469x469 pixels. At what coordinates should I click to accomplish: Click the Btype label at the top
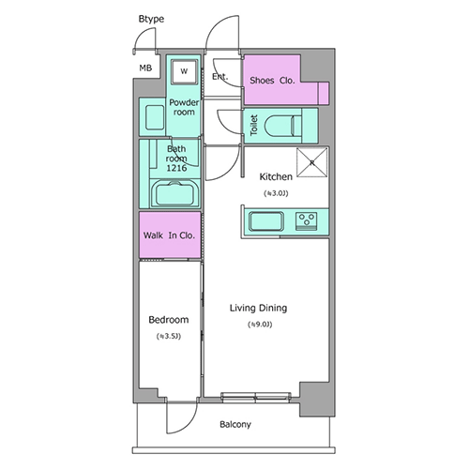(x=151, y=19)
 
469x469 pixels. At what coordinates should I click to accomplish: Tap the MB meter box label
(x=145, y=68)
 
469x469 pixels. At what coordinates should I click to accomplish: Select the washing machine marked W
(x=184, y=71)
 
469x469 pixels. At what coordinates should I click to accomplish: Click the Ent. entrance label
(x=219, y=76)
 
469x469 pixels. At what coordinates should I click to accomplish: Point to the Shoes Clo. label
(x=272, y=81)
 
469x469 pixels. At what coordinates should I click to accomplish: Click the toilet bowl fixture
(x=283, y=126)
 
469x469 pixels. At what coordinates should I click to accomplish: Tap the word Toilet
(x=254, y=125)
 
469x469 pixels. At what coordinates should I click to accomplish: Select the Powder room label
(x=184, y=107)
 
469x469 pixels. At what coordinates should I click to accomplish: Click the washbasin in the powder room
(x=155, y=117)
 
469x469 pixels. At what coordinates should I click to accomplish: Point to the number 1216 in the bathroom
(x=176, y=168)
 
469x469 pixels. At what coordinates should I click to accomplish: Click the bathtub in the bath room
(x=175, y=194)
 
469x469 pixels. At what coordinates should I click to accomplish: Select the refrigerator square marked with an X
(x=312, y=162)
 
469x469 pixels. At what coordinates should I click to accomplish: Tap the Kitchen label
(x=276, y=177)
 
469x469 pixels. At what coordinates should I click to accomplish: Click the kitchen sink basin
(x=266, y=221)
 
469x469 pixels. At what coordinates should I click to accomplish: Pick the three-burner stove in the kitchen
(x=307, y=220)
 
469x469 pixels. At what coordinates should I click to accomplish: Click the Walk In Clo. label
(x=169, y=235)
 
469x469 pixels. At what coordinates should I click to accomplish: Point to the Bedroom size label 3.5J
(x=169, y=337)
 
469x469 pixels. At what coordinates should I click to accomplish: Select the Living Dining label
(x=259, y=309)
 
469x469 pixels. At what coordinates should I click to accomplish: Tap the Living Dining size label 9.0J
(x=260, y=325)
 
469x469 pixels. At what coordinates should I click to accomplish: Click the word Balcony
(x=235, y=425)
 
